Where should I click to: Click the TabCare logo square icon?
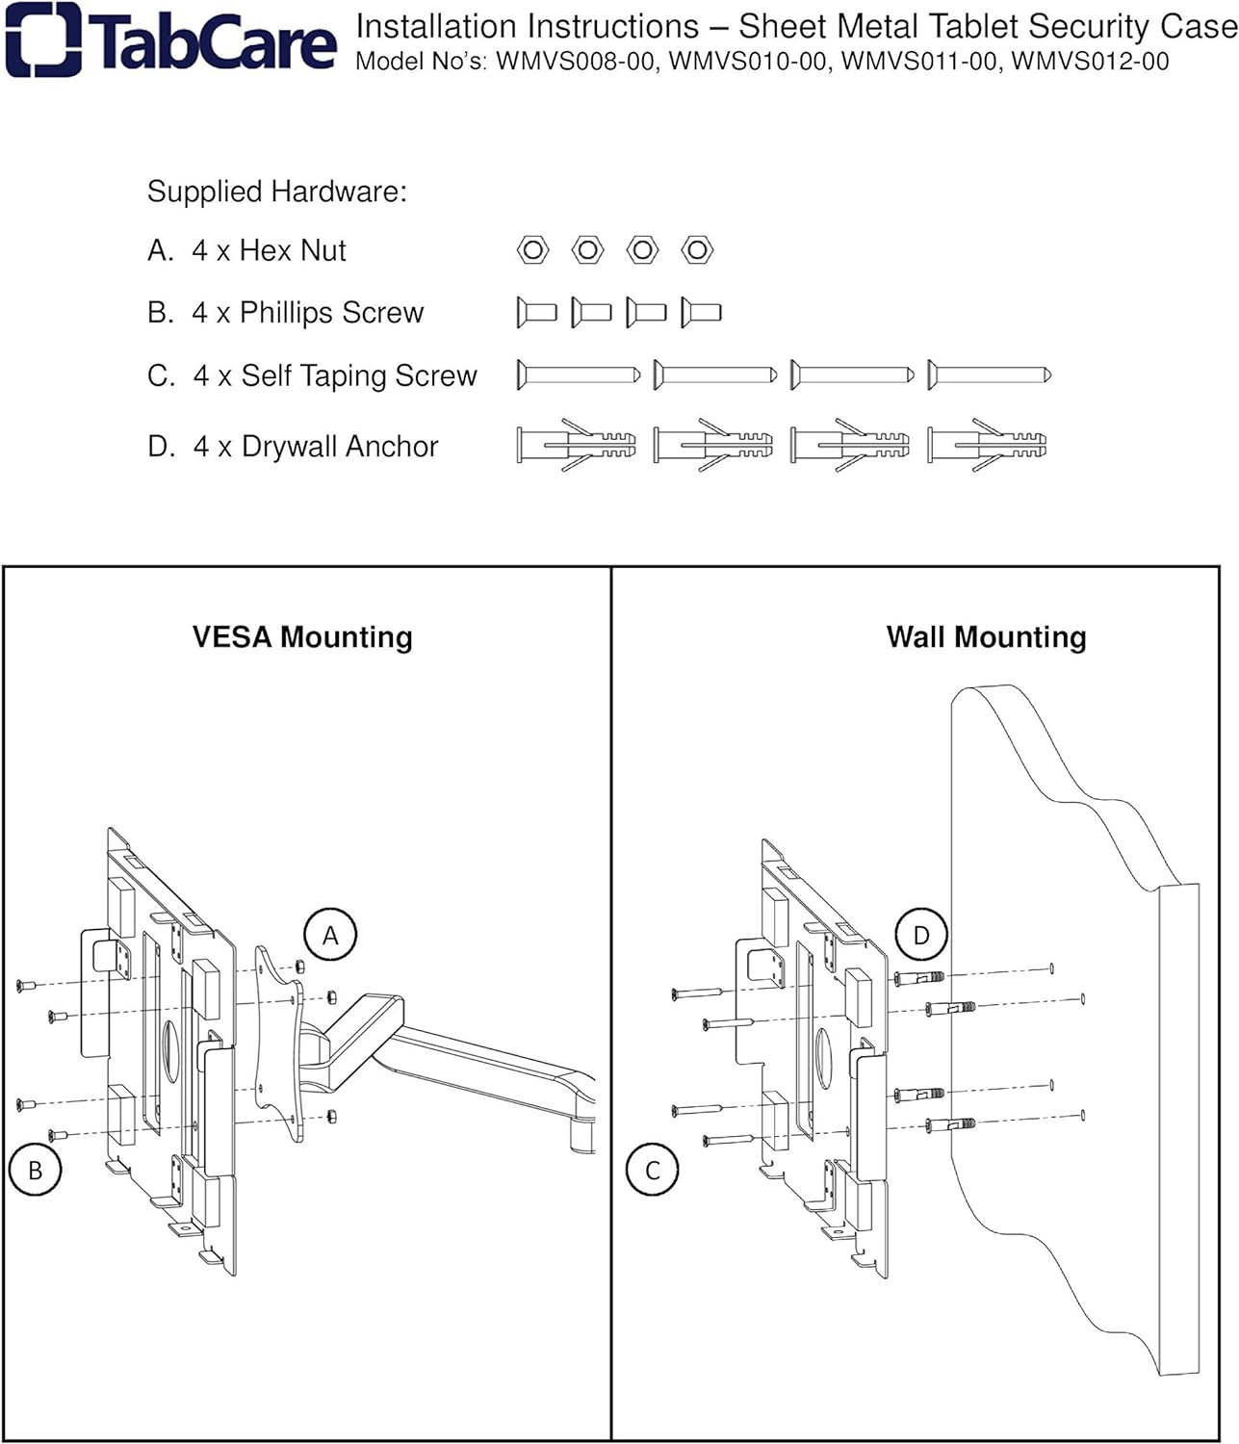pos(43,39)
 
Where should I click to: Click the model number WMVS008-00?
pos(577,62)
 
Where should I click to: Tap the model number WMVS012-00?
pos(1090,62)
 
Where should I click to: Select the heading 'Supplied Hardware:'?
pos(276,192)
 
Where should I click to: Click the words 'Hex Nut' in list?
pos(293,250)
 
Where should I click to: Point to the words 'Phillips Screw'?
pos(331,313)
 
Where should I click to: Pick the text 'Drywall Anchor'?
pos(340,447)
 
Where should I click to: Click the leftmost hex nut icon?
pos(532,250)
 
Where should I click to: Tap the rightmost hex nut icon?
pos(697,250)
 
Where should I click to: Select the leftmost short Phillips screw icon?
pos(536,312)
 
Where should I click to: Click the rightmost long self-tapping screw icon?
pos(989,374)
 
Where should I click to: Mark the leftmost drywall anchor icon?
pos(576,445)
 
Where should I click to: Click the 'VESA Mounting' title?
pos(302,637)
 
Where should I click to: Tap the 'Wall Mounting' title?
pos(986,637)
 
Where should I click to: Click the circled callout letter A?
pos(330,935)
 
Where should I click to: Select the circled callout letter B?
pos(35,1170)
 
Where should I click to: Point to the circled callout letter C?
pos(652,1170)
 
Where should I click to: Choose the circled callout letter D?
pos(921,935)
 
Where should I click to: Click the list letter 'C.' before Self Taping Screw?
pos(161,375)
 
